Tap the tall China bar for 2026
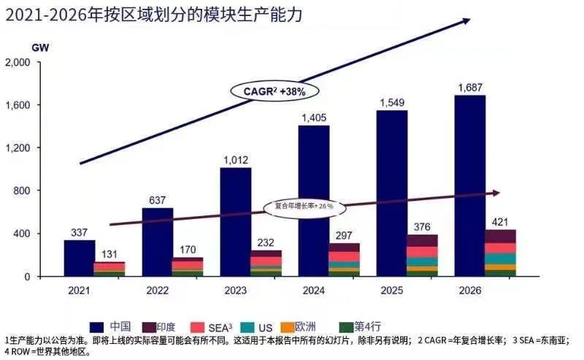tap(470, 185)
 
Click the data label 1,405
tap(314, 118)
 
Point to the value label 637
tap(157, 200)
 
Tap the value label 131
tap(109, 254)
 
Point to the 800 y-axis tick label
tap(22, 191)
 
